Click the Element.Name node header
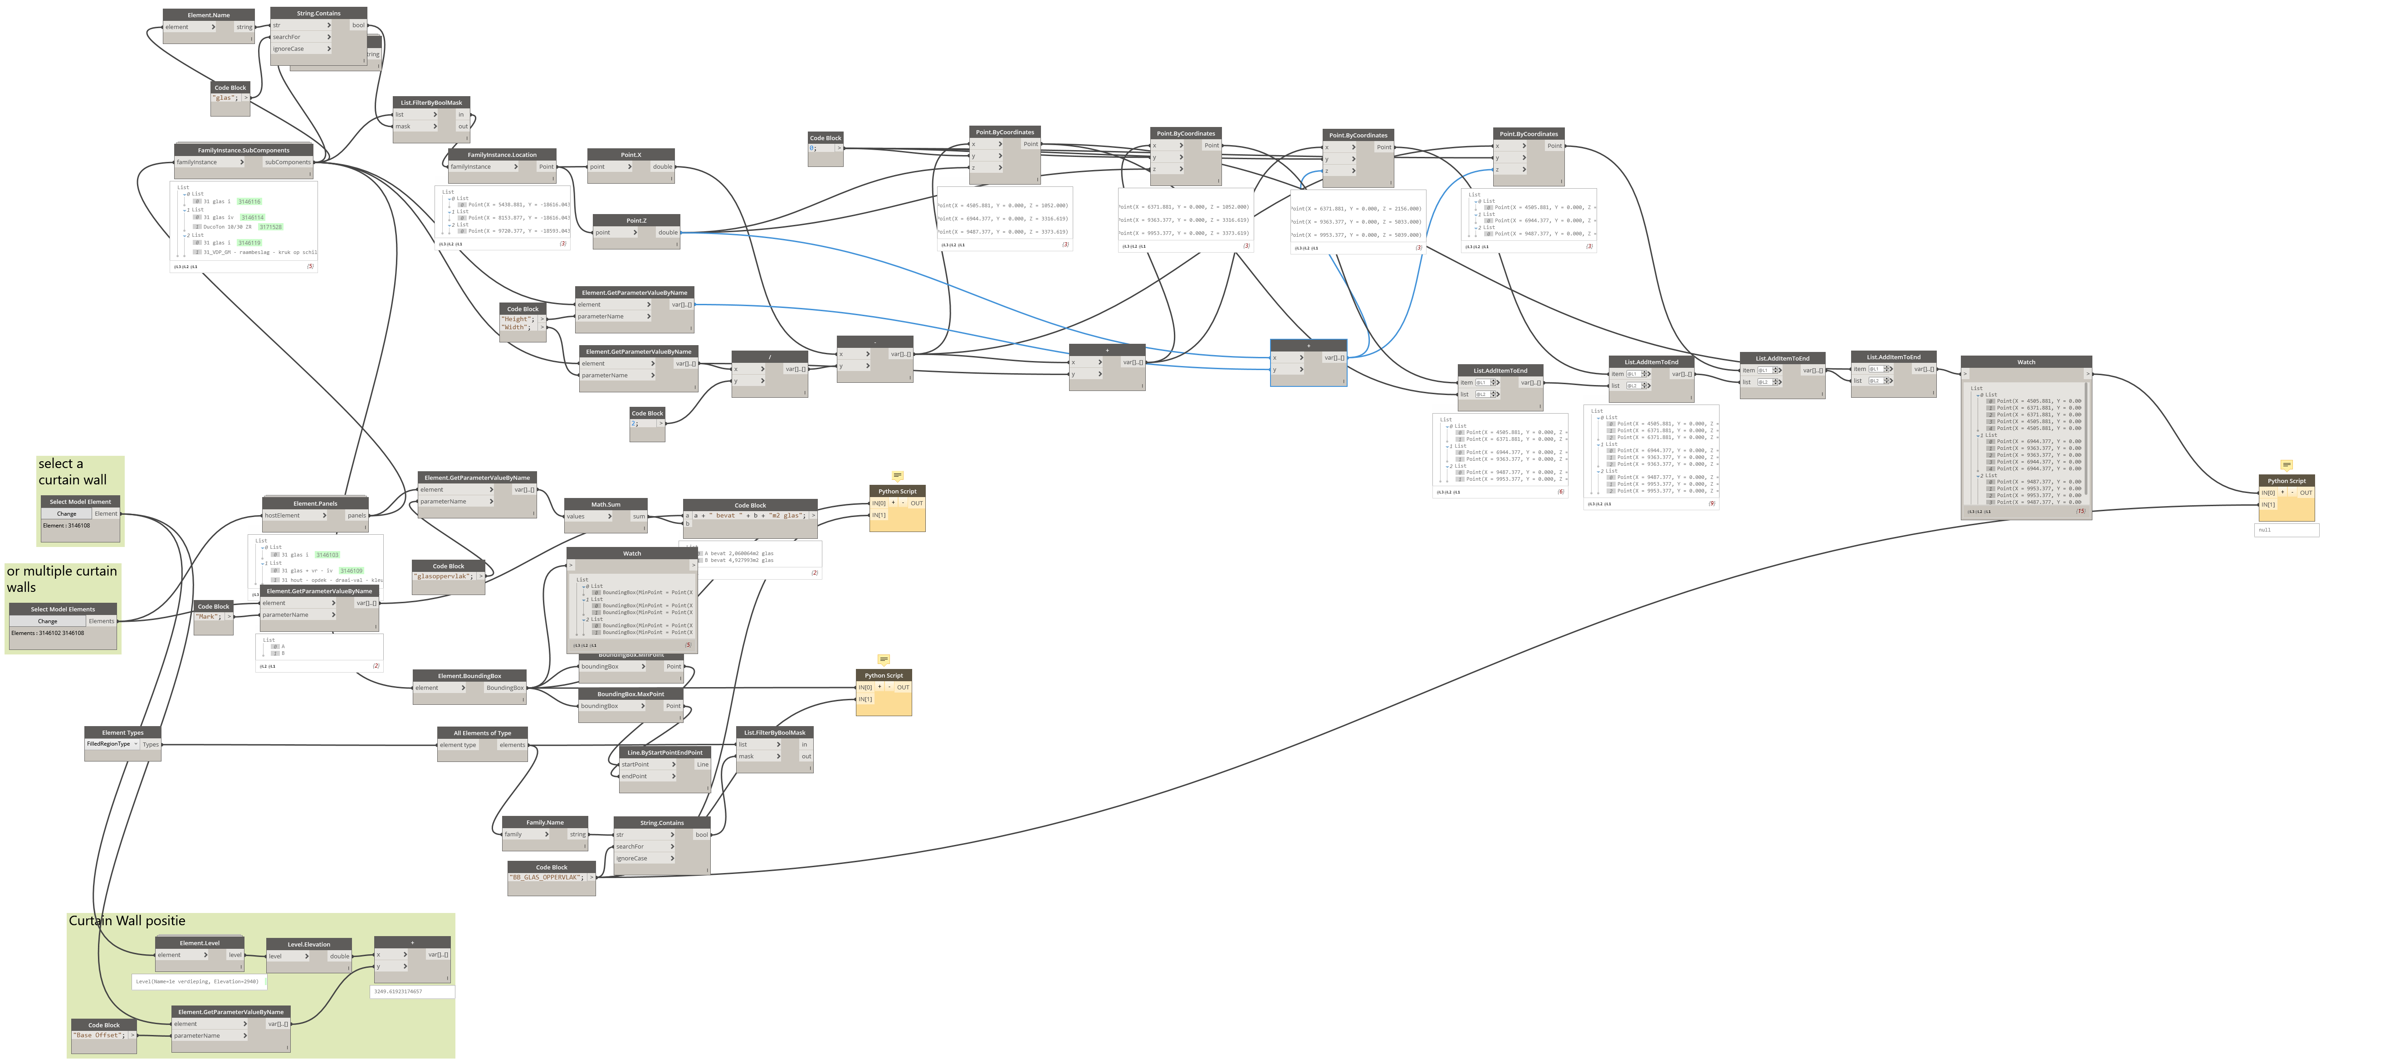(x=208, y=15)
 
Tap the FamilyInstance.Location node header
(x=502, y=155)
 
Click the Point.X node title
(x=631, y=155)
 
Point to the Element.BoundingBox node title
(x=469, y=676)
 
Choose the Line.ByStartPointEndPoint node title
(x=665, y=752)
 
